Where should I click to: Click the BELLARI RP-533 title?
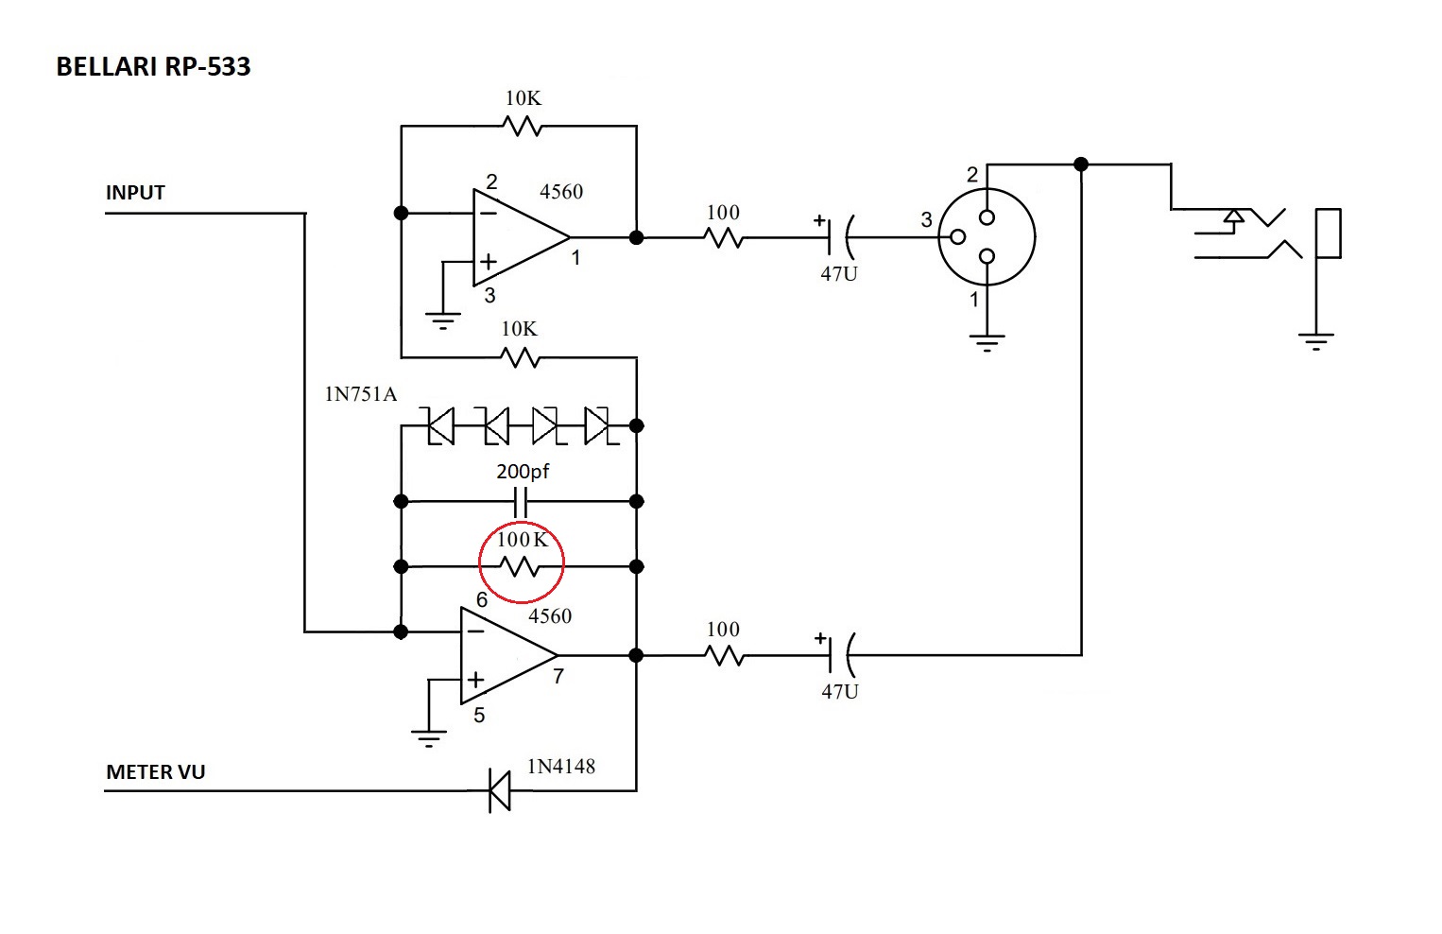click(x=153, y=67)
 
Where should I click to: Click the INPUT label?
click(x=135, y=193)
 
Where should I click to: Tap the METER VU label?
click(x=155, y=772)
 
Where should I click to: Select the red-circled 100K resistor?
click(x=521, y=565)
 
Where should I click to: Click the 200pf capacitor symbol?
click(x=521, y=501)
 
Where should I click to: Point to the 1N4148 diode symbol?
click(x=499, y=790)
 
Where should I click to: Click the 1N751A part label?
click(x=360, y=394)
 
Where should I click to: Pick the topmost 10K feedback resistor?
click(x=522, y=125)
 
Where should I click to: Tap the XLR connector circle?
click(x=987, y=237)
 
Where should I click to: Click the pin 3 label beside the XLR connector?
click(x=926, y=220)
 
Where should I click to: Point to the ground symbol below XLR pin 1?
click(x=987, y=341)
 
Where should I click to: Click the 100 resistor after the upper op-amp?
click(x=724, y=237)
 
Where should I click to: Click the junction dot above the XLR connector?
click(x=1081, y=164)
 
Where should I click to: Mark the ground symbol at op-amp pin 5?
click(x=429, y=736)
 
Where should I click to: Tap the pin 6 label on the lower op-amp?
click(x=482, y=600)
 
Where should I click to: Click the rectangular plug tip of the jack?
click(x=1328, y=233)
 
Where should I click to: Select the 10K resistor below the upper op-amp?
click(x=521, y=357)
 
